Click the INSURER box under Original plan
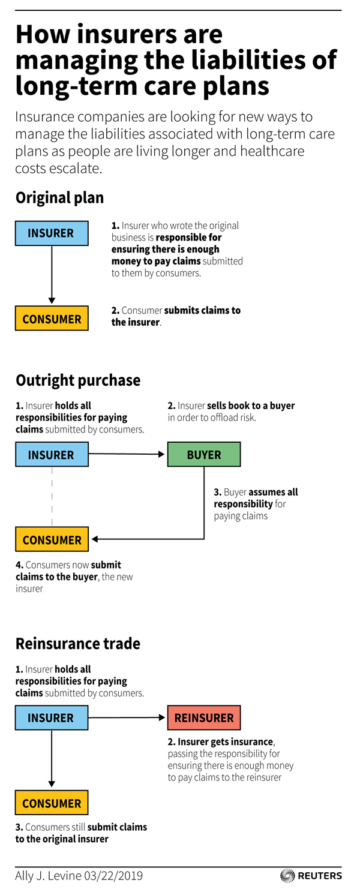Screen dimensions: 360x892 click(x=52, y=233)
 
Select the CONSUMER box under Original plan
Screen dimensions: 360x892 click(x=52, y=318)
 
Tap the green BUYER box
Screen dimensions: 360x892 click(x=204, y=454)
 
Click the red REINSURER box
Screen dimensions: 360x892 click(x=204, y=717)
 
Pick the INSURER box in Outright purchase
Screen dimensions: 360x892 click(x=52, y=454)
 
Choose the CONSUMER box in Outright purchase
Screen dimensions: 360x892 click(x=52, y=539)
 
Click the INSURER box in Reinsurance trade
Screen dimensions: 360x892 click(x=52, y=717)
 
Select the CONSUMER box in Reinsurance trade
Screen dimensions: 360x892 click(x=52, y=803)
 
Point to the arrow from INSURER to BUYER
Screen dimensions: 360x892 click(x=127, y=454)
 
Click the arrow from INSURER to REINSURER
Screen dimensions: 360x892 click(x=127, y=717)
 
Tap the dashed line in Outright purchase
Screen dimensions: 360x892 click(x=52, y=497)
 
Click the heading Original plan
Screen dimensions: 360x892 click(x=60, y=198)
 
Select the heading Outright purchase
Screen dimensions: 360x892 click(x=78, y=380)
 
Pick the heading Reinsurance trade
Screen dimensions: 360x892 click(x=78, y=644)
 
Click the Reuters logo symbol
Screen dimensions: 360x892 click(x=287, y=876)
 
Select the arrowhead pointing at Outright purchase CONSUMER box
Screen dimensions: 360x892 click(x=95, y=539)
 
